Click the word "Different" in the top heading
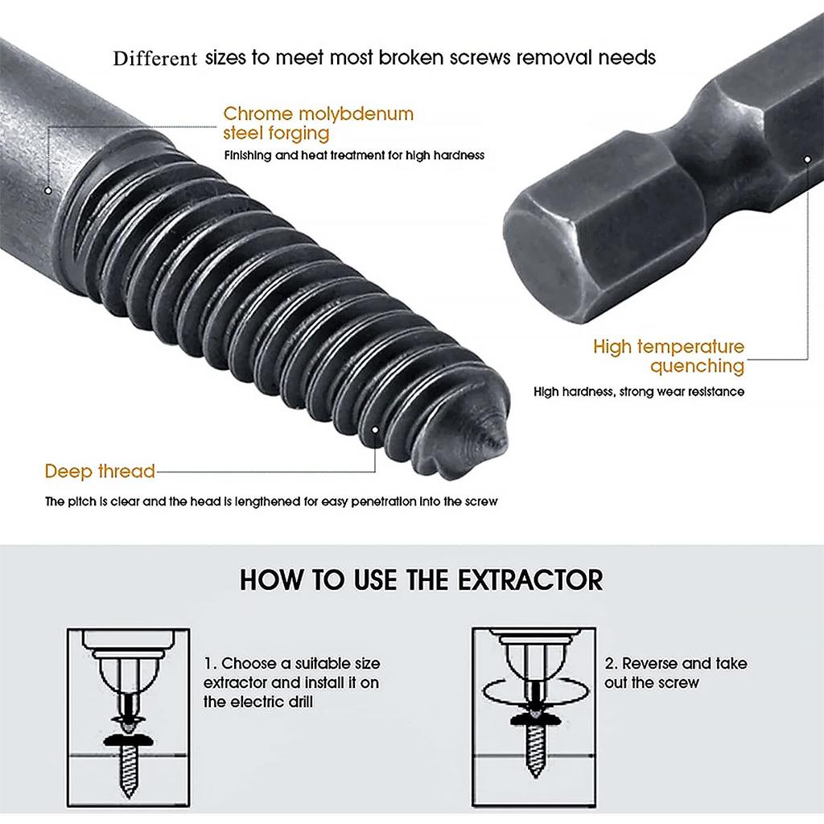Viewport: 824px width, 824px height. tap(155, 59)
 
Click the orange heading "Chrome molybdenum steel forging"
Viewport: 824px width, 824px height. tap(318, 123)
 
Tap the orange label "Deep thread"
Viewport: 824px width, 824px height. tap(100, 471)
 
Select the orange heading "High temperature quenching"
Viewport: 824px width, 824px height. tap(669, 356)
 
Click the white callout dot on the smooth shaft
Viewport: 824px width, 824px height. tap(48, 191)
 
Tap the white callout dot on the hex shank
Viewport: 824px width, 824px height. tap(807, 159)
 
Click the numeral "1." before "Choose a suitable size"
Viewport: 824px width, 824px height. tap(209, 664)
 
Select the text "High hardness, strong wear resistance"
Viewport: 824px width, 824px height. tap(639, 392)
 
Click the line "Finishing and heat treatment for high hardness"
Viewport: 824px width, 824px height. tap(354, 155)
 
